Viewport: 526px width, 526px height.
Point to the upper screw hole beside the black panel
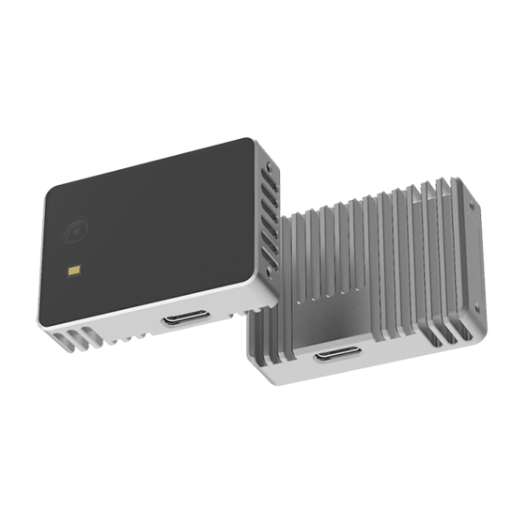pos(266,166)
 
